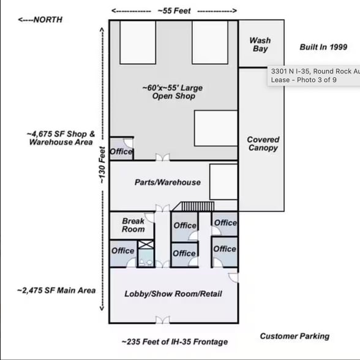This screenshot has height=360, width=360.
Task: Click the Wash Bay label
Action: [x=260, y=44]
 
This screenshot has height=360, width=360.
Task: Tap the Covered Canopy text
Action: [x=263, y=144]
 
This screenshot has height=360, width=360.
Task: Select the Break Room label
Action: [x=133, y=225]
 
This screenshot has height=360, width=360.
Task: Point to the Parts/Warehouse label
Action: [x=167, y=182]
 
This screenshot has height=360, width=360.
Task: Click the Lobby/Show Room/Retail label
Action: [x=173, y=294]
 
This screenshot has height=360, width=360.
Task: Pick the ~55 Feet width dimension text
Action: [x=174, y=10]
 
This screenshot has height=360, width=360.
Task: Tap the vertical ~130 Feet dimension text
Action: [x=103, y=163]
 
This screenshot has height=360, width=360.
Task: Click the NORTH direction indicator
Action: [x=40, y=20]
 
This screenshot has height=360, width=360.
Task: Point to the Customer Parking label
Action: [x=294, y=336]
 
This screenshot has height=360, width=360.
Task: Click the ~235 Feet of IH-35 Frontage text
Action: [x=174, y=342]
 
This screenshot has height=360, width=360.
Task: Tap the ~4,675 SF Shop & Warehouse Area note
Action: [x=61, y=138]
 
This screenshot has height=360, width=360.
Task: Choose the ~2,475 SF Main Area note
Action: [x=56, y=290]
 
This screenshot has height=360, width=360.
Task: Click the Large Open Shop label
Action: [x=172, y=92]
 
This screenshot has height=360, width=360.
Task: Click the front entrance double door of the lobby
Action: [x=162, y=320]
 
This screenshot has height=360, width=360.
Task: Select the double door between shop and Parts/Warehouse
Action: [x=162, y=159]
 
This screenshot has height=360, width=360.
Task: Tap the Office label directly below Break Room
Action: [x=122, y=250]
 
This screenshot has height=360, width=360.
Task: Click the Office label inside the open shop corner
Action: [x=121, y=151]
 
